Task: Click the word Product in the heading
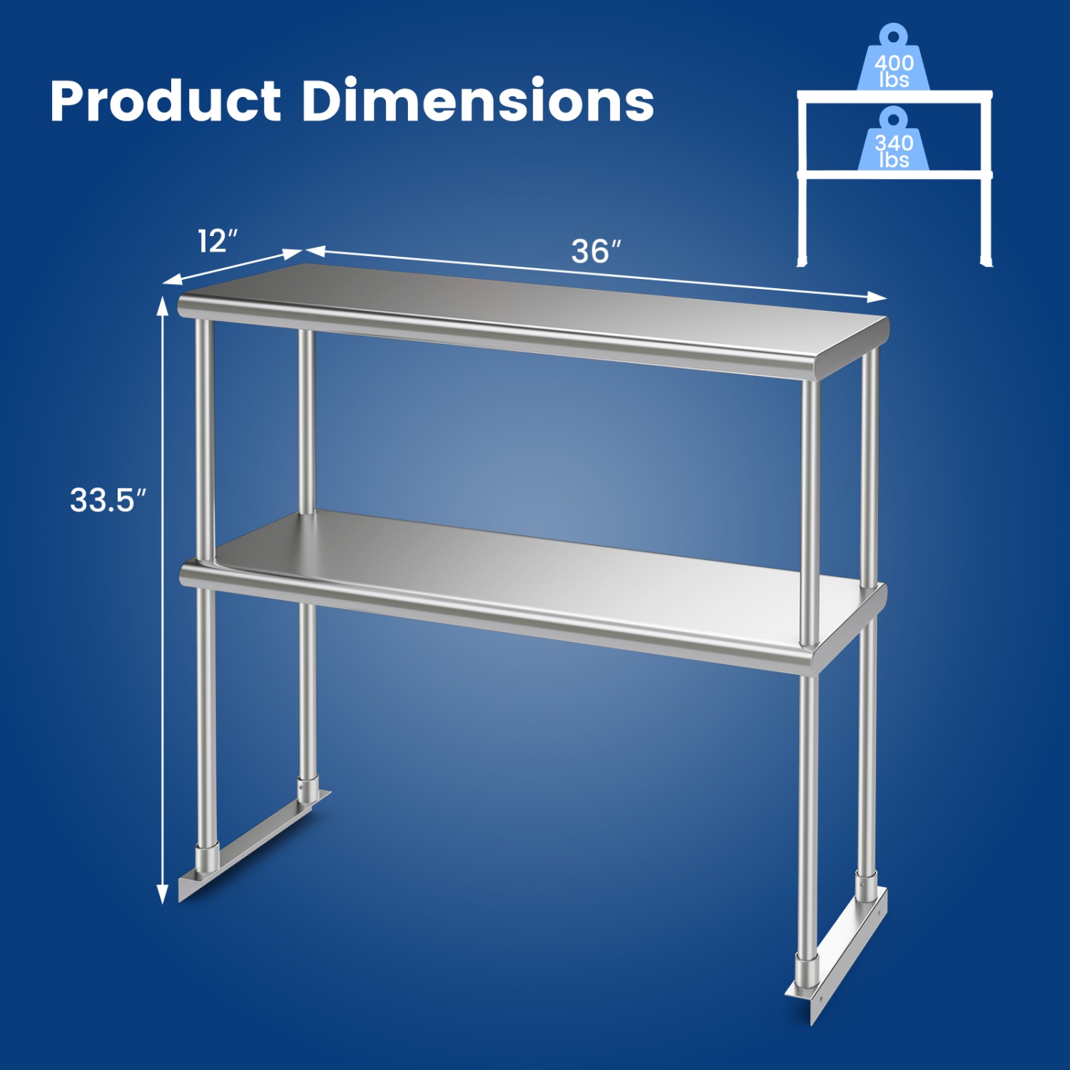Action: tap(165, 101)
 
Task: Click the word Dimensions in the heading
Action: tap(477, 101)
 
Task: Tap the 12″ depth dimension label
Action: tap(217, 241)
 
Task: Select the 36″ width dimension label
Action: tap(596, 251)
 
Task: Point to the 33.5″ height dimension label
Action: tap(108, 500)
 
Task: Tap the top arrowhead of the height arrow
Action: tap(163, 305)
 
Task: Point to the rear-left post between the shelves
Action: tap(307, 421)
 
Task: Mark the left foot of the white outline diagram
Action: tap(802, 261)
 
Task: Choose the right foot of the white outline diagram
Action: tap(987, 261)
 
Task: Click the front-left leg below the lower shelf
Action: tap(206, 713)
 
